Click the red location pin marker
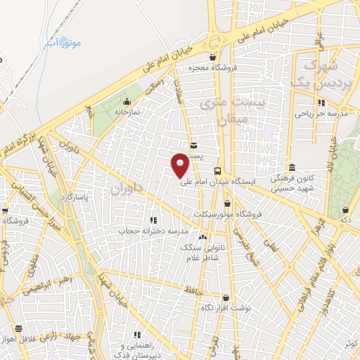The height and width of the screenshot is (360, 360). [x=180, y=165]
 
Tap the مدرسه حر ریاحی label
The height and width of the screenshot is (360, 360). [x=318, y=112]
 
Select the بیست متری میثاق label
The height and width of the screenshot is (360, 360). [x=224, y=111]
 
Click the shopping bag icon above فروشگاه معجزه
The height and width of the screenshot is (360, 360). [x=213, y=58]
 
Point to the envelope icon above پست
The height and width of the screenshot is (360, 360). [x=193, y=144]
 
